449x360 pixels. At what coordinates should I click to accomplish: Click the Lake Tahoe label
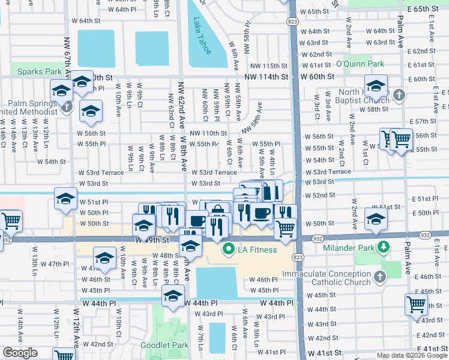(x=202, y=36)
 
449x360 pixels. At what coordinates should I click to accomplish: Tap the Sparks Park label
(x=39, y=71)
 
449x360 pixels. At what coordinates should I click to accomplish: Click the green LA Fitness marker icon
(x=228, y=249)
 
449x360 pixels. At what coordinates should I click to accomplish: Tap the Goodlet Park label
(x=164, y=345)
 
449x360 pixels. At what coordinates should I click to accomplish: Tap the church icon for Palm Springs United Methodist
(x=68, y=107)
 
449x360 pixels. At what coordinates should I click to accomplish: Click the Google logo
(x=19, y=353)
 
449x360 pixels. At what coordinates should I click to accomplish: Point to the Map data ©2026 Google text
(x=412, y=355)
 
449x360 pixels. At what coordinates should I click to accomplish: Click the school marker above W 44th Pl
(x=173, y=296)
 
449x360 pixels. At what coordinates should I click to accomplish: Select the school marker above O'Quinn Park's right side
(x=376, y=86)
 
